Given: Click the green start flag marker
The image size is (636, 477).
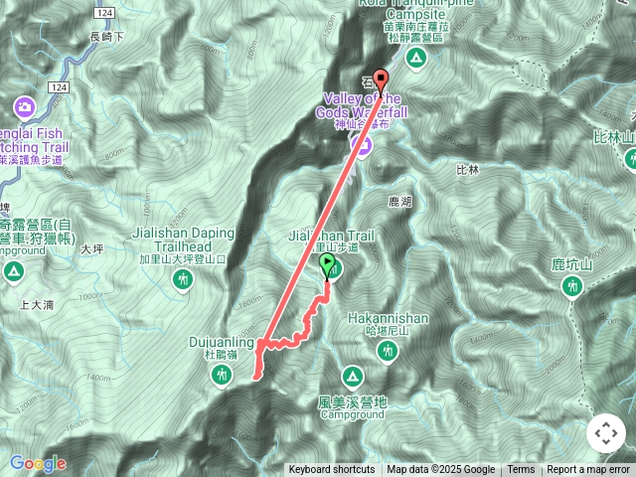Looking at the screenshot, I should pos(329,264).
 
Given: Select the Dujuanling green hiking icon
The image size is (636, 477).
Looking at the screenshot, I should pos(222,373).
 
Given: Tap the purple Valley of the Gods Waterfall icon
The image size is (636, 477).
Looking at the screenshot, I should pos(360,147).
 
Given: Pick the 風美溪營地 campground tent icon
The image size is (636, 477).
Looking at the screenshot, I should pos(351,376).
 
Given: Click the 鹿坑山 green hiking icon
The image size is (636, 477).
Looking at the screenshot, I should pos(571,286).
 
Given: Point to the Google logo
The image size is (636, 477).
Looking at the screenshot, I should pos(38,463).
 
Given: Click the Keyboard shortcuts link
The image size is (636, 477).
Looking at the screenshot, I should pos(332,470).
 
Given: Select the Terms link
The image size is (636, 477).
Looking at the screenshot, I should pos(521,470).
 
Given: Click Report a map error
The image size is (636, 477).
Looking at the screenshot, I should pos(589,470).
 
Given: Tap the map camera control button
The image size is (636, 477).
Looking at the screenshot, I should pos(605,433).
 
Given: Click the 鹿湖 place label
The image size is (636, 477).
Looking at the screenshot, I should pos(398,201).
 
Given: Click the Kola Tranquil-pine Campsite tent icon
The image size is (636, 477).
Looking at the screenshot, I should pos(416,59).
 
